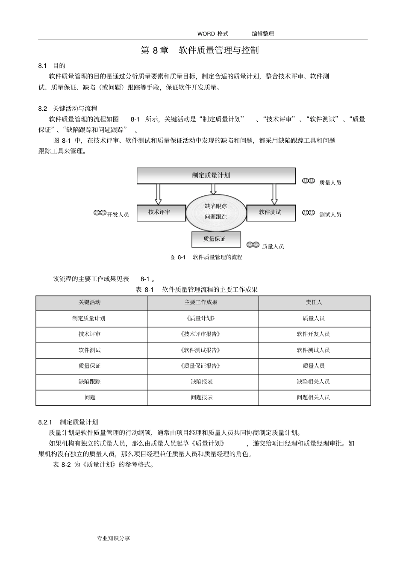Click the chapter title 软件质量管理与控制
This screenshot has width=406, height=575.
pos(218,50)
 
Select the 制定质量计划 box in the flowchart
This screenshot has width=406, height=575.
pos(216,175)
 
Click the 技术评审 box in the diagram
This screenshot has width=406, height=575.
pos(161,212)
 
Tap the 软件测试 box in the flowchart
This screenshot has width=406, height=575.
pos(271,212)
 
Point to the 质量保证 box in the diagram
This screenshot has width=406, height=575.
pos(216,239)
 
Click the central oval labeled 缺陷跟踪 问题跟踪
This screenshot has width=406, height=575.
pos(216,212)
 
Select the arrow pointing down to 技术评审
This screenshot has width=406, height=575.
pos(158,194)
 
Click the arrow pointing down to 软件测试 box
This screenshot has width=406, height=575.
pos(274,194)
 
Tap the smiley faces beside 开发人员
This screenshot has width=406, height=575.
pos(100,212)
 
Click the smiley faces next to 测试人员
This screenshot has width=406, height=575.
pos(309,212)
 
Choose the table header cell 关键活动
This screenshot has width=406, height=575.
pos(90,302)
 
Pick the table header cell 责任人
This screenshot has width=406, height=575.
pos(314,302)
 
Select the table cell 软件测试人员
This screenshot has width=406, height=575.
pos(314,350)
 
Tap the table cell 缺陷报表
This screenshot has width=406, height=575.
pos(202,382)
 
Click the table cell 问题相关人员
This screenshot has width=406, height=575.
pos(314,398)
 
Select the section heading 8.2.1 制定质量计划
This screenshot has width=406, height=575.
pos(68,422)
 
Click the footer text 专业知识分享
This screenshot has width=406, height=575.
pos(114,538)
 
